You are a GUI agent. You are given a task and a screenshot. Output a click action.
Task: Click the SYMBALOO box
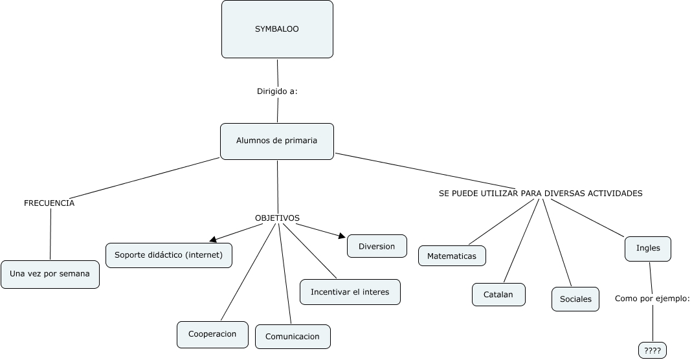point(277,29)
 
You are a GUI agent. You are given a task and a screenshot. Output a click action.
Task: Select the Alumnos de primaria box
point(277,141)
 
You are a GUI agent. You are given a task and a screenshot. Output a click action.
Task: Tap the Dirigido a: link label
point(277,91)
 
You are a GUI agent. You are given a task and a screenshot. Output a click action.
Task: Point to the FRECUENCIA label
point(49,203)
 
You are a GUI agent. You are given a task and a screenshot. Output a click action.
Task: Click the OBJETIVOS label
point(277,218)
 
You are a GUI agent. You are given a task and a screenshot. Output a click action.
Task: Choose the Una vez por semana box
point(50,274)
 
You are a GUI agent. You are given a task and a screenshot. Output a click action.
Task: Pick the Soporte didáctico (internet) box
point(168,254)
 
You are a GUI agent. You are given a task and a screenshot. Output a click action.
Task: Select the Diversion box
point(377,246)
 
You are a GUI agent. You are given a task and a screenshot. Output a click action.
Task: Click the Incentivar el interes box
point(350,291)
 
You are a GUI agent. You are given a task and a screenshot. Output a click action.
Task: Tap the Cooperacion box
point(212,334)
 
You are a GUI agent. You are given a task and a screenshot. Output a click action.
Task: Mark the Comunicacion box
point(292,337)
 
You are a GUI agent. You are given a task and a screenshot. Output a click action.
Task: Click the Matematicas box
point(452,256)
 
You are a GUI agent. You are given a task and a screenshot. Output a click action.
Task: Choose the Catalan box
point(498,294)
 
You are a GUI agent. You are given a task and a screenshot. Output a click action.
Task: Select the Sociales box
point(575,299)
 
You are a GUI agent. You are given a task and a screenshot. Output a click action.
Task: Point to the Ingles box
point(647,248)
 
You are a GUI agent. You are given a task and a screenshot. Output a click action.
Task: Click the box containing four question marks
point(652,350)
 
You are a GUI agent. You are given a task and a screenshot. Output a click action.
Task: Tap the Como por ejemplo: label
point(652,298)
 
